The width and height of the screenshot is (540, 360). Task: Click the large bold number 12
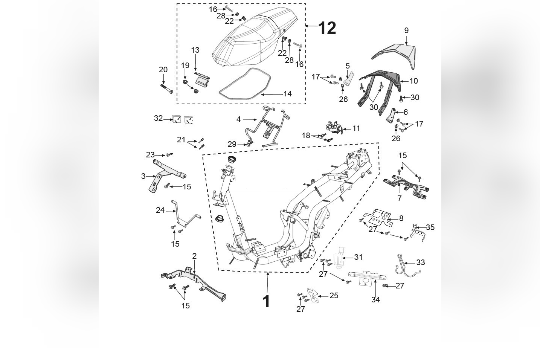[327, 28]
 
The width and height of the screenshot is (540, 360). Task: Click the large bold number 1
[266, 302]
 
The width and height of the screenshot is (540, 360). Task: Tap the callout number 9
[406, 31]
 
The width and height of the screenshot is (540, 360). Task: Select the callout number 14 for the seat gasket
[287, 94]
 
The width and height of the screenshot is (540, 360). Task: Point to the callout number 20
[163, 70]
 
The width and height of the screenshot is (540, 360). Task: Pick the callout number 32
[158, 118]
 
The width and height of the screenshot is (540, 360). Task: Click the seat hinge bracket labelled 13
[202, 79]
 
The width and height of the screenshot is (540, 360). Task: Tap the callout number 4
[238, 119]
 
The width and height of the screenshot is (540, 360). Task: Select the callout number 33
[420, 262]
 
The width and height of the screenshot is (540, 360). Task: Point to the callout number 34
[375, 299]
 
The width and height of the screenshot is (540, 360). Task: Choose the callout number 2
[194, 256]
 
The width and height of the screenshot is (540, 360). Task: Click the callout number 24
[160, 210]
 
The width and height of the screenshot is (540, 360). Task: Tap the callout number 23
[150, 155]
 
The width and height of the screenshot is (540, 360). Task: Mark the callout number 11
[356, 128]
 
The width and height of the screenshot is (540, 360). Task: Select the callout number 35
[430, 227]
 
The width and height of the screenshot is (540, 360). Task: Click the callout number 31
[358, 257]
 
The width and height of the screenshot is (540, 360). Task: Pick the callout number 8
[401, 218]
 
